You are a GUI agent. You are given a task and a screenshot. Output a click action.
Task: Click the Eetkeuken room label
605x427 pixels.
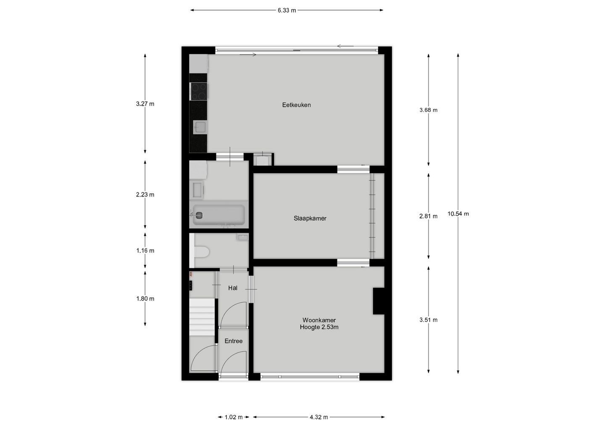point(296,105)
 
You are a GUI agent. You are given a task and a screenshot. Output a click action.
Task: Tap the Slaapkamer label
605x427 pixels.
point(310,218)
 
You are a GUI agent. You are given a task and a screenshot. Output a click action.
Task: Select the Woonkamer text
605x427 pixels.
point(319,320)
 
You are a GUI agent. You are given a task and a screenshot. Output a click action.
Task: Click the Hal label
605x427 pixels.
point(233,288)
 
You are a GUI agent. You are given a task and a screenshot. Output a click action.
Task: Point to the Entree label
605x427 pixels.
point(233,341)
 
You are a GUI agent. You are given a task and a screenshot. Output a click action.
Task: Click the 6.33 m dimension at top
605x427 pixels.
point(287,10)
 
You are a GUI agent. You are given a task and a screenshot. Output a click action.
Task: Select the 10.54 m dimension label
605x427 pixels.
point(458,213)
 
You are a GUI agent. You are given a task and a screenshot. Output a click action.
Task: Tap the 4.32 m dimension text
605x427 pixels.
point(318,417)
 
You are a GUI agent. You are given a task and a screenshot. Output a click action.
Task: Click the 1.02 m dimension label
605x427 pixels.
point(234,417)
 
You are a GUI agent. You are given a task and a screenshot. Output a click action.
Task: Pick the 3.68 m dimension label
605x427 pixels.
point(428,110)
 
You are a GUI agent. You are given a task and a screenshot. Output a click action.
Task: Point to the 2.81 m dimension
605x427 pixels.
point(428,216)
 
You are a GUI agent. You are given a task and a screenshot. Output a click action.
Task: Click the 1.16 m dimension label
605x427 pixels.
point(145,250)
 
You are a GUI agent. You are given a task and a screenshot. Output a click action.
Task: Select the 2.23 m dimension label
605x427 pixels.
point(145,195)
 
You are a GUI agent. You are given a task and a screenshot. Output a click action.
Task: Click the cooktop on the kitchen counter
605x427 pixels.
point(199,91)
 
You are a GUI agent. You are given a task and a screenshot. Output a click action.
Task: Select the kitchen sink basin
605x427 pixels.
point(199,127)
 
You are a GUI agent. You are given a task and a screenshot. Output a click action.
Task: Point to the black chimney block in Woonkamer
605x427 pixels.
point(379,301)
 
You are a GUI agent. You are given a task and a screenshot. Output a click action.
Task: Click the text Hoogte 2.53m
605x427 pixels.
point(319,327)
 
